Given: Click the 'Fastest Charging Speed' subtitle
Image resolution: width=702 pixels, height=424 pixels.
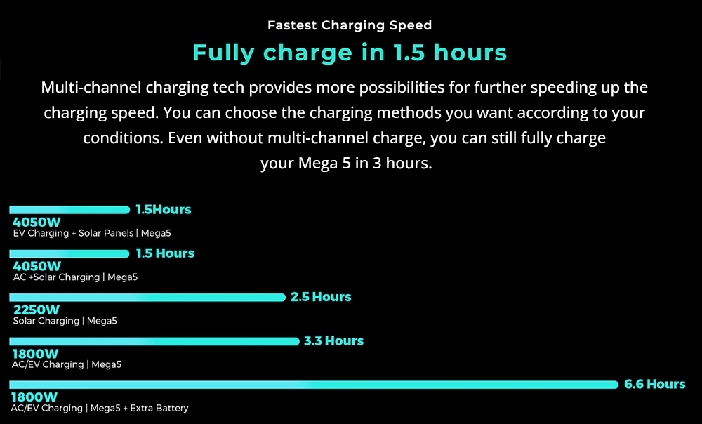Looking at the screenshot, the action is coord(350,25).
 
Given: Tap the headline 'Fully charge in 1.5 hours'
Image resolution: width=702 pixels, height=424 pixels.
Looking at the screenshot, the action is coord(350,53).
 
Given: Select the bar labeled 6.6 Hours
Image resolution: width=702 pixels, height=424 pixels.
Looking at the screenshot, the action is coord(314,385).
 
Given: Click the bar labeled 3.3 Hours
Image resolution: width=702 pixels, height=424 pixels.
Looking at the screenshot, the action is coord(154,341).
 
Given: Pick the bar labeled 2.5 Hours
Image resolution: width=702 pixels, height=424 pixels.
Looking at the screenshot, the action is coord(147,298).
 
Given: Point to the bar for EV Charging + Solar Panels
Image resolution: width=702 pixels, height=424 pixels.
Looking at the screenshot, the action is coord(69,209).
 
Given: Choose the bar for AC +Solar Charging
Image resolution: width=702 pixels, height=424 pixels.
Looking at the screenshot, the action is coord(69,253).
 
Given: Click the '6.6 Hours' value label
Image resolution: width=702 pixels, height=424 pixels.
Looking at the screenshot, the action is coord(654,384).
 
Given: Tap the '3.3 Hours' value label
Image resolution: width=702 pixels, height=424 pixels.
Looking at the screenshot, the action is coord(333,340).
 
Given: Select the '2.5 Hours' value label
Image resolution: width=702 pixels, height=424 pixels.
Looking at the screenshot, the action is coord(321,297).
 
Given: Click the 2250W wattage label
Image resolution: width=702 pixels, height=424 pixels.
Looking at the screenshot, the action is coord(37,310).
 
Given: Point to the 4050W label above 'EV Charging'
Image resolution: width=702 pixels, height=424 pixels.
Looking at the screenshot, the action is coord(37,222).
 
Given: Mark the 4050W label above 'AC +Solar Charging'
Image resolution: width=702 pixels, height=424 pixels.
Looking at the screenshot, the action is coord(37,266).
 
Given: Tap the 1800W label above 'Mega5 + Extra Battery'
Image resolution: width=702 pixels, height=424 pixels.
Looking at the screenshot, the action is coord(34,397).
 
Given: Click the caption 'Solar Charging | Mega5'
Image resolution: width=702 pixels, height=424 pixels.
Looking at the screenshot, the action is coord(65,321).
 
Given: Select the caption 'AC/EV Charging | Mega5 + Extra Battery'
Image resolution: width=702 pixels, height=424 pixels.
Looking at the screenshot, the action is coord(100,409).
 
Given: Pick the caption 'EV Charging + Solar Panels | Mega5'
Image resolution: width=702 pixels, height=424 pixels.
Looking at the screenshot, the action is coord(92,233).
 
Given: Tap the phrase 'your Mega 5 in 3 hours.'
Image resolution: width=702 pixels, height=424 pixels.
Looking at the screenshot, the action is coord(346,164).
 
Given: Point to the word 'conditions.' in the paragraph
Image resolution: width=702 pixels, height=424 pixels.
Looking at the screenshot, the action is coord(123,138).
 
